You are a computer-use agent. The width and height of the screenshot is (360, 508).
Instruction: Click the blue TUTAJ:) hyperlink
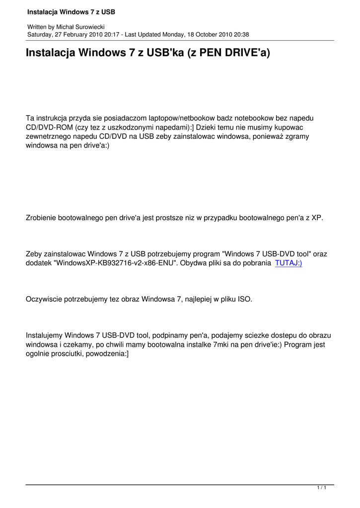(x=288, y=263)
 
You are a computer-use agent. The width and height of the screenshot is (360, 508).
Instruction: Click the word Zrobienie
(x=41, y=218)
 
